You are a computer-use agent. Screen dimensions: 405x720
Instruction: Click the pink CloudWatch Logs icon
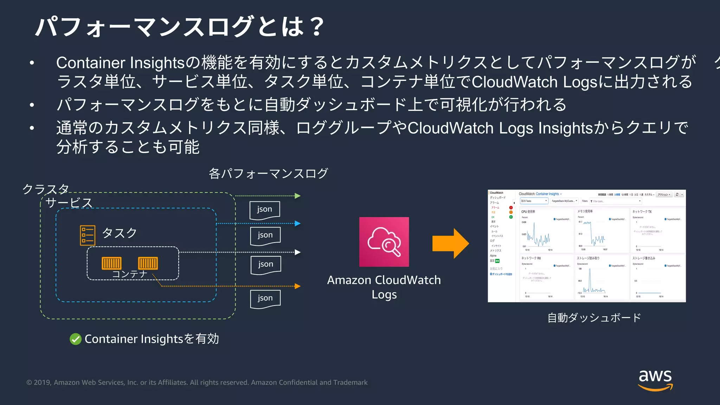point(384,242)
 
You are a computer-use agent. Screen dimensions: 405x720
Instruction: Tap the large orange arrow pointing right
point(450,244)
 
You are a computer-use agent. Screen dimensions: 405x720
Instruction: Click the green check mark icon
point(76,339)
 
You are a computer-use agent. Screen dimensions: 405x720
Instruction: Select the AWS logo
point(655,380)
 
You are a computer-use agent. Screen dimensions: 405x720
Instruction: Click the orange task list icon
point(88,235)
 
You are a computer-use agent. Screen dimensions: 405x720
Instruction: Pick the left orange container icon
point(111,263)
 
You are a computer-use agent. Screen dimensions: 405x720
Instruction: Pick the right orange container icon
point(148,263)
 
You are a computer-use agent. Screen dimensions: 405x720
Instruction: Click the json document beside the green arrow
point(265,210)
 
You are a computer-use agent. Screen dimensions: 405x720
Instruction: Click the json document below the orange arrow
point(265,299)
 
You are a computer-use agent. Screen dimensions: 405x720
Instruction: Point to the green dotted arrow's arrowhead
point(298,196)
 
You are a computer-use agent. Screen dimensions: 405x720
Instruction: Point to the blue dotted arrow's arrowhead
point(298,223)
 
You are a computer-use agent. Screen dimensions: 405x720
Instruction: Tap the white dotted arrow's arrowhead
point(298,252)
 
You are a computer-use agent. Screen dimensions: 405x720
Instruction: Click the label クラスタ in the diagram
point(46,189)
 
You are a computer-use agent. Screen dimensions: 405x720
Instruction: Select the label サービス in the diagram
point(69,203)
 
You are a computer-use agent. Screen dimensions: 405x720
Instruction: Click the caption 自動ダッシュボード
point(594,318)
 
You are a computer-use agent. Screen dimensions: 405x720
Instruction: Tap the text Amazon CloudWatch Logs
point(384,287)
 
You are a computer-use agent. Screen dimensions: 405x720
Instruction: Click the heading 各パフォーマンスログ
point(268,173)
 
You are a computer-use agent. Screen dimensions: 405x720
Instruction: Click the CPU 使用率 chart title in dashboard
point(528,212)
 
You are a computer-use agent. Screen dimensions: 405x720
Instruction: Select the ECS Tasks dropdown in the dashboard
point(534,201)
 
